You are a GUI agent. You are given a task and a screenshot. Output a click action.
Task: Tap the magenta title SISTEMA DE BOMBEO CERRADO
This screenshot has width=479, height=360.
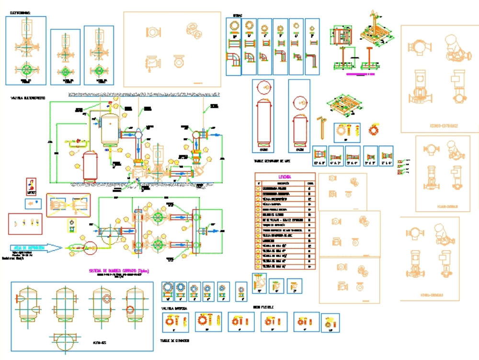[119, 270]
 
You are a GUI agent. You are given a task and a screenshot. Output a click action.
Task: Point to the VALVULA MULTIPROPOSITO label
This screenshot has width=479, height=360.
[28, 98]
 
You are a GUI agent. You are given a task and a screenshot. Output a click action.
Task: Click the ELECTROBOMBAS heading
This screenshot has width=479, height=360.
[20, 12]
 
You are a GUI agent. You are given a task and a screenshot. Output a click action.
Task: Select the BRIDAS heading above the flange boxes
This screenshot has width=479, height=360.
[238, 15]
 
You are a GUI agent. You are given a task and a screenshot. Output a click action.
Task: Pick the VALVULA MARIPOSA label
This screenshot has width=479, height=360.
[174, 309]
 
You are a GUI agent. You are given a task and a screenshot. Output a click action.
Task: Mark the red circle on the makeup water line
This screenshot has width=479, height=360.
[91, 248]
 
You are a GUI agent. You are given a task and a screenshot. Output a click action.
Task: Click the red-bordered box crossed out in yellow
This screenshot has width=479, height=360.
[68, 205]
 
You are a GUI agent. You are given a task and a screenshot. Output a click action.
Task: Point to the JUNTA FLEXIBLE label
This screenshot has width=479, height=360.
[263, 307]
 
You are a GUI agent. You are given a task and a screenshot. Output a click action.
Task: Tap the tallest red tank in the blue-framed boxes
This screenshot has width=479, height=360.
[263, 120]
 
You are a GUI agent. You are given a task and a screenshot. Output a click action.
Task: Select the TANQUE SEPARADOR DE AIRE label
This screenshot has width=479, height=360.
[272, 162]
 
